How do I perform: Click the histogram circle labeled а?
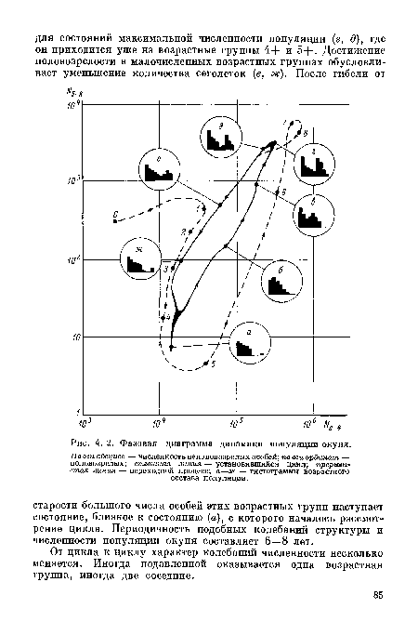coord(244,345)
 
